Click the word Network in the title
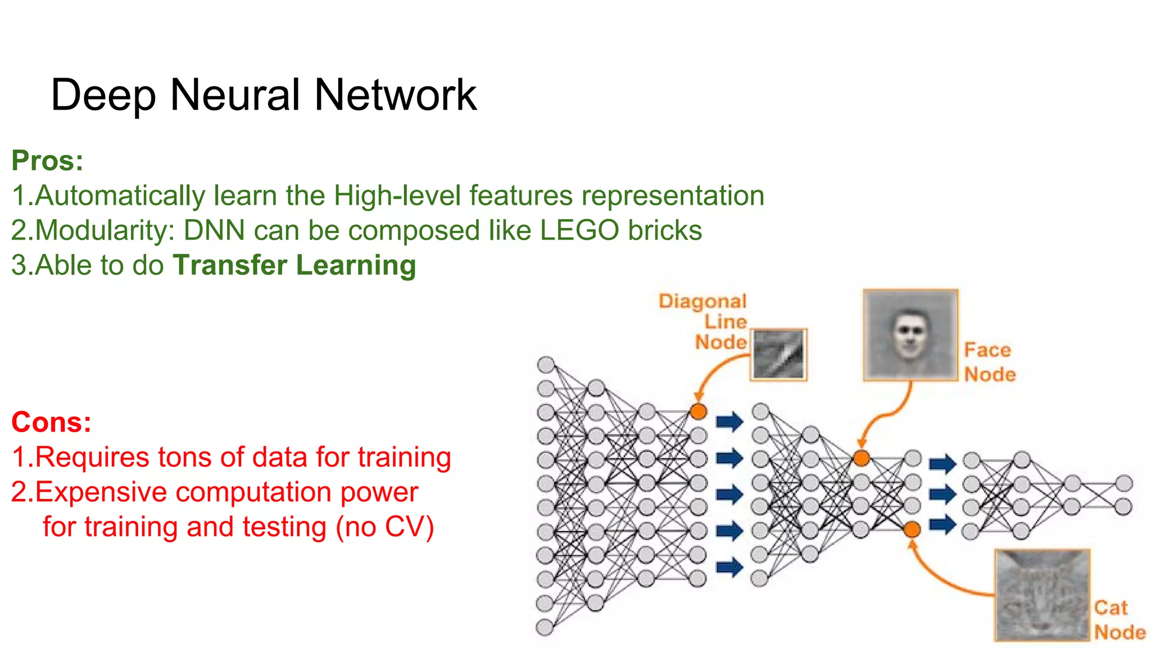pos(395,94)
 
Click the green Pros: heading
pos(48,161)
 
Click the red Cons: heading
pos(51,422)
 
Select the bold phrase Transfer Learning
pos(294,265)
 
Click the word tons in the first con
pos(185,457)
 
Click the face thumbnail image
pos(910,335)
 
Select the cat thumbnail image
pos(1042,595)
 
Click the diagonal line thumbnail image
pos(778,354)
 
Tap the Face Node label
pos(989,362)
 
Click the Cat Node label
pos(1118,620)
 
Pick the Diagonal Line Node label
pos(708,321)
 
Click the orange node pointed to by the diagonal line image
pos(698,412)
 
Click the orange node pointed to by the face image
pos(861,458)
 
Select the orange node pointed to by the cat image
pos(912,529)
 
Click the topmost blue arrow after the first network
pos(729,421)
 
